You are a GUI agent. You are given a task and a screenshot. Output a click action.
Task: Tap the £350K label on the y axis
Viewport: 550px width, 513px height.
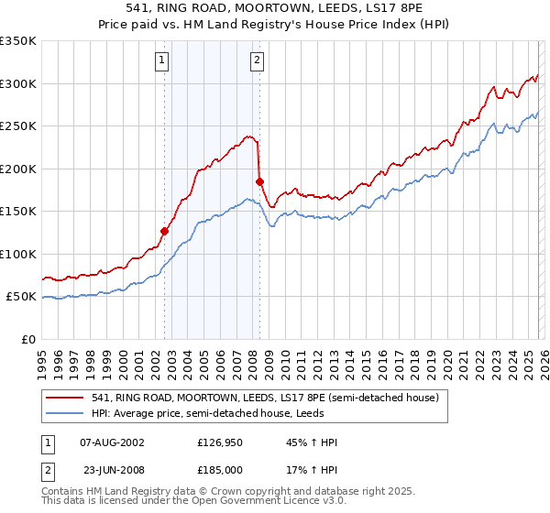tap(18, 41)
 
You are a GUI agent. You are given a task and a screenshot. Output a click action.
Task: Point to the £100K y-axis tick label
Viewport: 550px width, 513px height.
tap(18, 254)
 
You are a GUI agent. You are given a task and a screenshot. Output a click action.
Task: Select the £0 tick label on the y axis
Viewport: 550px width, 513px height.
tap(28, 339)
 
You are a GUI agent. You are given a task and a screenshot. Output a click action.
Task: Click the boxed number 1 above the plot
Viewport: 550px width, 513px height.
tap(161, 61)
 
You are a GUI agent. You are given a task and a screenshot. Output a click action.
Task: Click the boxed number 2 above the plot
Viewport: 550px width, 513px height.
tap(256, 61)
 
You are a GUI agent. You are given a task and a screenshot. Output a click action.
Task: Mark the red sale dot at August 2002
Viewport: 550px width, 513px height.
tap(165, 231)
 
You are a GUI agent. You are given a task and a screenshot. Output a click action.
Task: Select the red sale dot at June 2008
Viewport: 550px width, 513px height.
tap(259, 181)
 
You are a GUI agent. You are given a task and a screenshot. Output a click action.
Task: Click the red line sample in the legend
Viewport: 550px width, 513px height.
tap(66, 398)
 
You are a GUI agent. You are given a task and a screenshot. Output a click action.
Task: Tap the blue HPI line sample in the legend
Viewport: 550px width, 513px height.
tap(66, 414)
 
